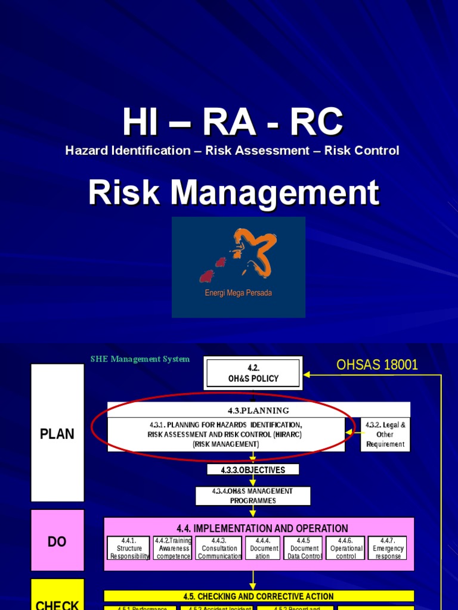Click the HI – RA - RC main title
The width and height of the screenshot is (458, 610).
[233, 123]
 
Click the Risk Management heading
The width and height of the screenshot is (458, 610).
[233, 193]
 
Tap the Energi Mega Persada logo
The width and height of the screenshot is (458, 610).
[239, 267]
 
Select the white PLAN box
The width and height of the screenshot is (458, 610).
[57, 433]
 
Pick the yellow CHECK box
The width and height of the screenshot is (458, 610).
[57, 596]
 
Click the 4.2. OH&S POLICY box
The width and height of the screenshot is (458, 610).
[253, 374]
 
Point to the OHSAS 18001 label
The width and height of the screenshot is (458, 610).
[377, 365]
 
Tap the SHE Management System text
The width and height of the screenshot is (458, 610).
[140, 359]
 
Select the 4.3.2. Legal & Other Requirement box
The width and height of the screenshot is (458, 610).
[385, 434]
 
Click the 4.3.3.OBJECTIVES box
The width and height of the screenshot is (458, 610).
[253, 470]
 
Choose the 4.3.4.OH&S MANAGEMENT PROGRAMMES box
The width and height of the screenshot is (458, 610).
[253, 496]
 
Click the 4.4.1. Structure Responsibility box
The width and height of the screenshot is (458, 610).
[129, 548]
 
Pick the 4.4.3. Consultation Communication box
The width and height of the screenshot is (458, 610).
[219, 548]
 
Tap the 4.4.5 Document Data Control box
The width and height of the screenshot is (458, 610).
[303, 548]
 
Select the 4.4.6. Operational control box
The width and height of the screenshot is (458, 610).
[346, 548]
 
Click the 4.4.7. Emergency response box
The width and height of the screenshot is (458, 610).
[388, 548]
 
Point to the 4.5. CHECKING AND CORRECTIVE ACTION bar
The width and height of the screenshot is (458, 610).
[258, 596]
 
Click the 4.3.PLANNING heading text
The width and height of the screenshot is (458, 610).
[258, 410]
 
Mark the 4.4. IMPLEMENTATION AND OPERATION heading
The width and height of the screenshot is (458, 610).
[262, 528]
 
